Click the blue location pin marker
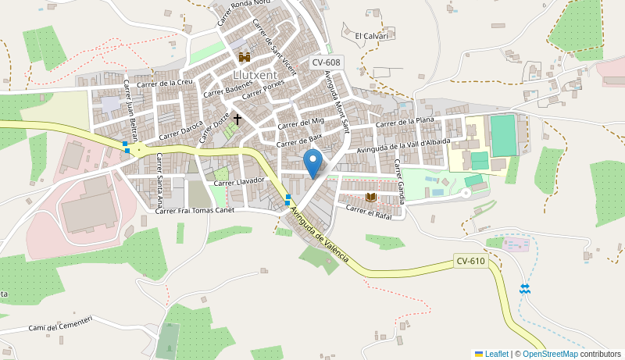[312, 163]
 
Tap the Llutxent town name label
[255, 75]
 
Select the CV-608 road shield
[326, 62]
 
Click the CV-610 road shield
[471, 261]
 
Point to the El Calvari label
[371, 36]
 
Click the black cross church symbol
[237, 119]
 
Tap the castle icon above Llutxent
[245, 57]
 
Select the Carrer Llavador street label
[240, 182]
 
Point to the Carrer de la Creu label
[164, 83]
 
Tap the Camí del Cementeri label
[60, 323]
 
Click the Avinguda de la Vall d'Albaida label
[403, 145]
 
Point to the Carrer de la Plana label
[404, 122]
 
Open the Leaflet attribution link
[496, 354]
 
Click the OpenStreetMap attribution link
[550, 354]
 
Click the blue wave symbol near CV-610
[525, 289]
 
